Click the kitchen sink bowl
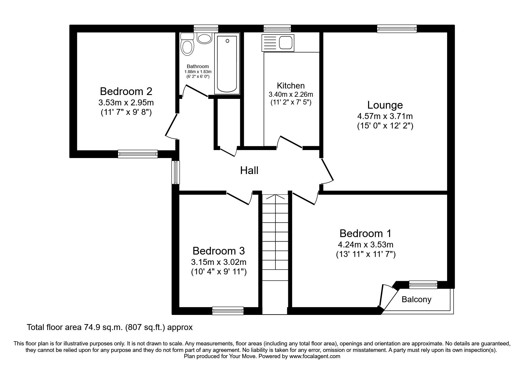tap(286, 42)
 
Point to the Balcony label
tap(416, 300)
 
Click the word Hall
tap(249, 170)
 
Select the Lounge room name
tap(385, 105)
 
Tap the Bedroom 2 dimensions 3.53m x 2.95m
tap(126, 103)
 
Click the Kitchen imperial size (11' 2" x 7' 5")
tap(291, 103)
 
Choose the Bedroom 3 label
tap(219, 251)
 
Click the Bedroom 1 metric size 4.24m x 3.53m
tap(365, 245)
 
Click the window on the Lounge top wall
tap(397, 29)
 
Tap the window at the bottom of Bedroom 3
tap(228, 310)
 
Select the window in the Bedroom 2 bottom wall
tap(138, 154)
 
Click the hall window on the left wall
tap(176, 172)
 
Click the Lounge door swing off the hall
tap(327, 171)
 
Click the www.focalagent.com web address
tap(315, 356)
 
